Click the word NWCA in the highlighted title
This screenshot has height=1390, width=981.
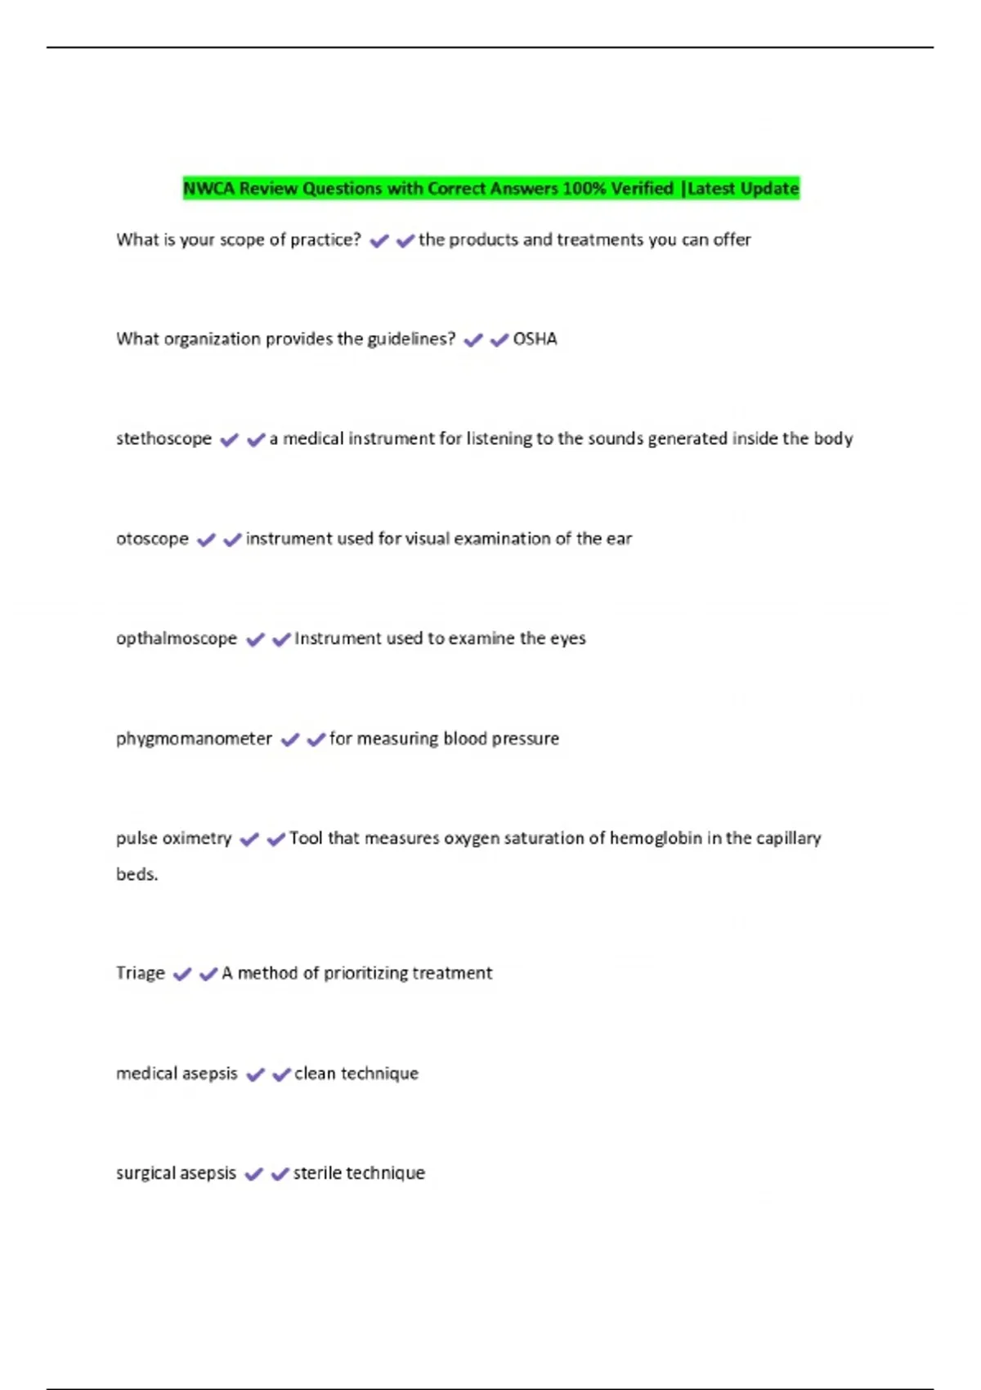pyautogui.click(x=208, y=189)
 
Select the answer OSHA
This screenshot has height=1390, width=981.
pyautogui.click(x=535, y=339)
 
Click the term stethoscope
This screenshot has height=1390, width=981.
pyautogui.click(x=163, y=439)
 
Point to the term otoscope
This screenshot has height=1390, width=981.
pyautogui.click(x=152, y=539)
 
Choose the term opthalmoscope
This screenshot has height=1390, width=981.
pyautogui.click(x=177, y=639)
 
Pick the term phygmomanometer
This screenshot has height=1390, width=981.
pyautogui.click(x=194, y=739)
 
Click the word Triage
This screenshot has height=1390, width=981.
pyautogui.click(x=141, y=973)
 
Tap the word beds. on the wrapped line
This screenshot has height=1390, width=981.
pyautogui.click(x=137, y=874)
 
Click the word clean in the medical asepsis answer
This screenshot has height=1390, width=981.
pyautogui.click(x=315, y=1074)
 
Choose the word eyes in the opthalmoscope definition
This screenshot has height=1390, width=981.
pyautogui.click(x=568, y=639)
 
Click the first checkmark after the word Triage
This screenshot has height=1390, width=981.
pyautogui.click(x=182, y=974)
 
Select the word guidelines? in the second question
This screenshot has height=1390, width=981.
pyautogui.click(x=411, y=339)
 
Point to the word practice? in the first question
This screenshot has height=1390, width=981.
pyautogui.click(x=325, y=240)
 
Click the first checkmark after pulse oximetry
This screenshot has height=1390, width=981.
pyautogui.click(x=249, y=839)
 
